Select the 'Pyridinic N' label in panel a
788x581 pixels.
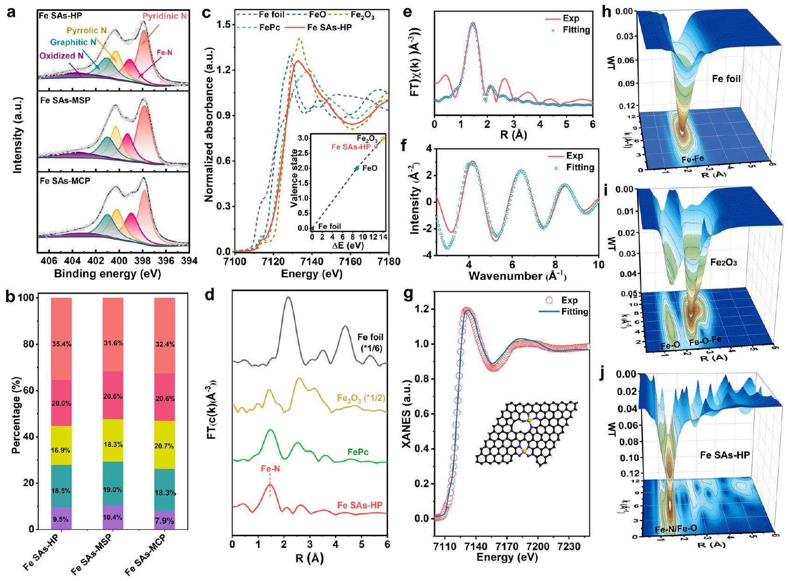pos(165,16)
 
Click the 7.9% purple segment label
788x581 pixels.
pos(164,520)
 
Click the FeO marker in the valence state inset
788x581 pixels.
pos(357,168)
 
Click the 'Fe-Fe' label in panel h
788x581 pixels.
pos(692,159)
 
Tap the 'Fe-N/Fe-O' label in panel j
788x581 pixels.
pos(675,529)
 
